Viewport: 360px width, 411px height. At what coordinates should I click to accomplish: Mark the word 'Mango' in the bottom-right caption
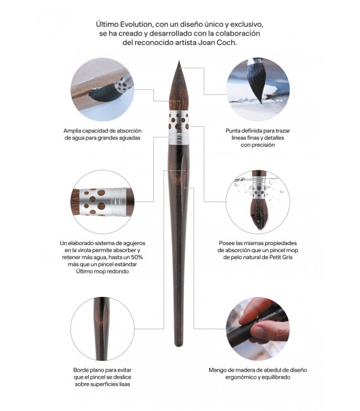click(220, 370)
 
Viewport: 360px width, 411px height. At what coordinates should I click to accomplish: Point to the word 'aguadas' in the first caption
click(126, 138)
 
